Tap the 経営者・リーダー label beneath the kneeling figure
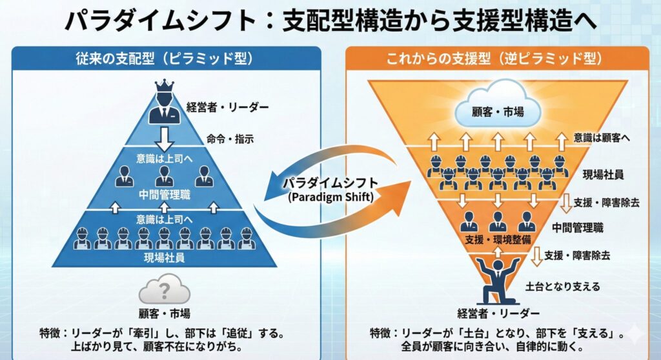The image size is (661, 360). [x=498, y=314]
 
